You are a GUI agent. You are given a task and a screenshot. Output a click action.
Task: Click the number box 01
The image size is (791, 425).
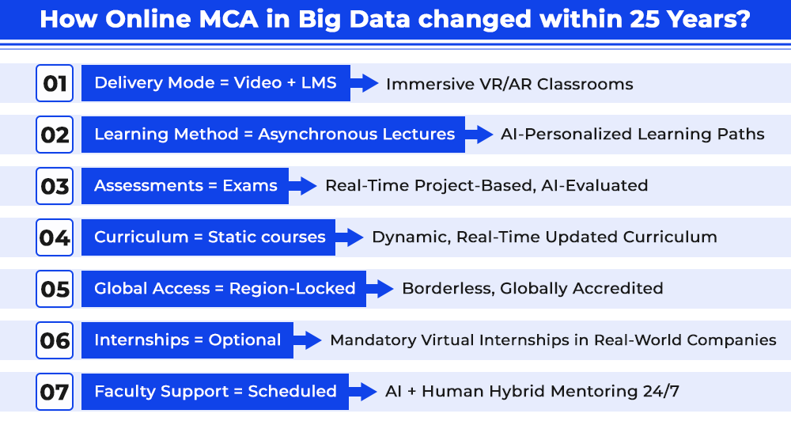pyautogui.click(x=55, y=83)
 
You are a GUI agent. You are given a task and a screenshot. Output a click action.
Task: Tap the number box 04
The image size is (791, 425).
pyautogui.click(x=55, y=237)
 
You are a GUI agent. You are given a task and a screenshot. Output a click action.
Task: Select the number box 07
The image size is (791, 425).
pyautogui.click(x=55, y=392)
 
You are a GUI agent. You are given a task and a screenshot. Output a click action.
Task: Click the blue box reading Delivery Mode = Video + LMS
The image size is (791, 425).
pyautogui.click(x=216, y=83)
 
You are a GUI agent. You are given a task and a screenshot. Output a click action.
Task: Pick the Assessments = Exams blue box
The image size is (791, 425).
pyautogui.click(x=185, y=186)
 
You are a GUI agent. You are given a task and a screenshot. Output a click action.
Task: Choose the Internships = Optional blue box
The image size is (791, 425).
pyautogui.click(x=187, y=340)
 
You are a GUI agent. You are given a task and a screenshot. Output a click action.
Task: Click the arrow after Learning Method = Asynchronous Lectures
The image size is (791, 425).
pyautogui.click(x=479, y=135)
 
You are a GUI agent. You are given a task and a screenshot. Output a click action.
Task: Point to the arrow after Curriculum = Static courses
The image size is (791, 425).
pyautogui.click(x=349, y=237)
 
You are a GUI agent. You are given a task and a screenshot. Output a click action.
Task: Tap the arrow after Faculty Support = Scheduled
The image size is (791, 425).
pyautogui.click(x=363, y=392)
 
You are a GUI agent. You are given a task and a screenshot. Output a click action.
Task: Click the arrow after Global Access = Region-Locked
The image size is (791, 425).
pyautogui.click(x=380, y=289)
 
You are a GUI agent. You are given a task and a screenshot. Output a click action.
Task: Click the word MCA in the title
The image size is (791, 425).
pyautogui.click(x=229, y=19)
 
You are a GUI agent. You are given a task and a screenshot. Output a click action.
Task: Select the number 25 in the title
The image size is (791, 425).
pyautogui.click(x=645, y=19)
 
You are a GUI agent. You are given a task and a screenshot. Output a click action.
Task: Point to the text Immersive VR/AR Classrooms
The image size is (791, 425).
pyautogui.click(x=509, y=84)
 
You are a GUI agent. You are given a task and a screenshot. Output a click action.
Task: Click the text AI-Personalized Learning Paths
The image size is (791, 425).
pyautogui.click(x=633, y=135)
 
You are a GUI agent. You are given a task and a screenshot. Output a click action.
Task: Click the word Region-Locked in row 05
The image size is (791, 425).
pyautogui.click(x=293, y=288)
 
